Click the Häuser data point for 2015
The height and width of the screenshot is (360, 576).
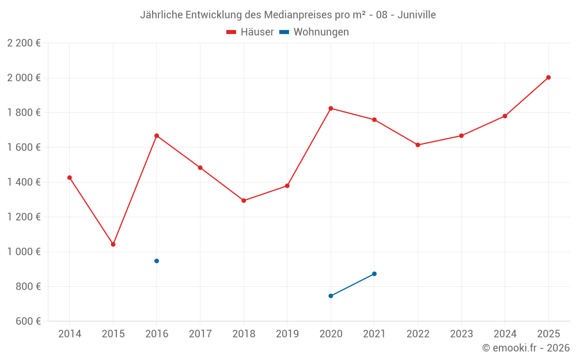(x=113, y=244)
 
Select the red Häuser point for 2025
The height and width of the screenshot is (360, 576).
(x=548, y=77)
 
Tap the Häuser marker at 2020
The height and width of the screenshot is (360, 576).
(x=331, y=108)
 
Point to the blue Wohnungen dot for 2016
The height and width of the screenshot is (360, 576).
(x=157, y=261)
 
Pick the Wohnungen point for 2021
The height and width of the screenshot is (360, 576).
(x=374, y=274)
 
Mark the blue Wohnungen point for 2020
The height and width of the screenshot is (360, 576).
(x=331, y=296)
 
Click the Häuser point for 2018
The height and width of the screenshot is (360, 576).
(x=244, y=200)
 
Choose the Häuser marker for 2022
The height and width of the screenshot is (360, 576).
(x=418, y=145)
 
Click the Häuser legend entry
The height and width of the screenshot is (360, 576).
(x=250, y=32)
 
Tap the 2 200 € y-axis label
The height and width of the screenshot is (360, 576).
(x=24, y=43)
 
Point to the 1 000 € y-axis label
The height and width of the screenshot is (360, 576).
(x=24, y=252)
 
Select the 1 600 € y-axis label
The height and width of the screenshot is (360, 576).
(x=24, y=147)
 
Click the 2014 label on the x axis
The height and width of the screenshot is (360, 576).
(x=70, y=334)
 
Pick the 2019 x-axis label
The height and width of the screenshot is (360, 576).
(x=287, y=334)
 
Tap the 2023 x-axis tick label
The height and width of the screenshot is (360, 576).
(x=461, y=334)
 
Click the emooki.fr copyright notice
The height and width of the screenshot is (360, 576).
(x=526, y=348)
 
